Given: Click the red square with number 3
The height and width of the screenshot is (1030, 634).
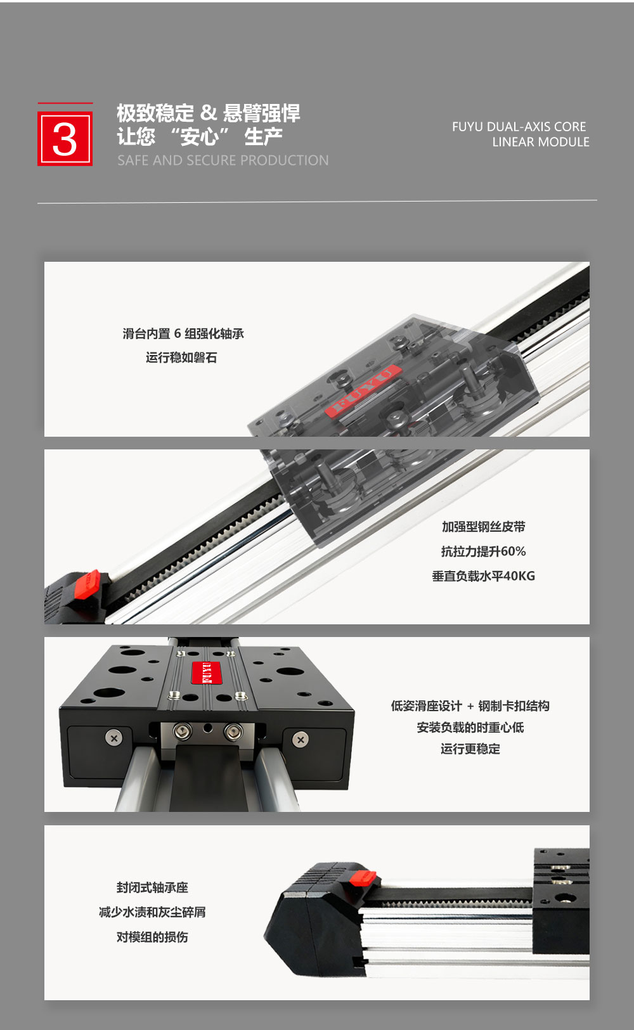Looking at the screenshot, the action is click(65, 138).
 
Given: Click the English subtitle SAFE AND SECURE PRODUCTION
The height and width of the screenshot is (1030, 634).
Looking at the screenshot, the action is click(223, 160).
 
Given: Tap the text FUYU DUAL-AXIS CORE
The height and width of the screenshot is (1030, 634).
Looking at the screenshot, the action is click(519, 127).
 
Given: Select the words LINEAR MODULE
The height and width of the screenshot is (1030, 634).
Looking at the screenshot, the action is click(541, 142).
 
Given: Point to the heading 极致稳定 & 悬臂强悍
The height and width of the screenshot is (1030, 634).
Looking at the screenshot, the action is click(209, 113).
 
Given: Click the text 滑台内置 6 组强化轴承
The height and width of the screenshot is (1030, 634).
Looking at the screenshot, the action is click(183, 334).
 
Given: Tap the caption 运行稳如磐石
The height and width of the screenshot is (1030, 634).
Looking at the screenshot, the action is click(181, 357).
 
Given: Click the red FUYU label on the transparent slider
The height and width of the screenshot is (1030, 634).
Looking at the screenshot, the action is click(363, 391).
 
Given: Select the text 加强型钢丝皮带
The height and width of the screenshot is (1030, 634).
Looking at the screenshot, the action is click(484, 527).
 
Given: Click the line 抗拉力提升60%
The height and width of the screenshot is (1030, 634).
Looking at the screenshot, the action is click(484, 551).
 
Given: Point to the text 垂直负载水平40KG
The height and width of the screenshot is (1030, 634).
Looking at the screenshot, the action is click(484, 576).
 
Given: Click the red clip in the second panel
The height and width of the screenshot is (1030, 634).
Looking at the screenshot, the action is click(87, 584).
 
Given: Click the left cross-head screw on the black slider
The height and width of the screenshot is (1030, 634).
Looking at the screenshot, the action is click(114, 738).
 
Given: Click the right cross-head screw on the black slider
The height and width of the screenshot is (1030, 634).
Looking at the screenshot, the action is click(301, 740).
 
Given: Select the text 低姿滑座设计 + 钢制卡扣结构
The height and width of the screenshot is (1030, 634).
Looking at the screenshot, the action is click(470, 706).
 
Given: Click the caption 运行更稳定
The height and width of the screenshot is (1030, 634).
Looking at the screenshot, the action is click(470, 749).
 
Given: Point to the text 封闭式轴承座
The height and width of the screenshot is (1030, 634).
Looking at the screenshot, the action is click(152, 887).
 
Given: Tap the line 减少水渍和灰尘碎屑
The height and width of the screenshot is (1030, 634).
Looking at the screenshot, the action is click(152, 912).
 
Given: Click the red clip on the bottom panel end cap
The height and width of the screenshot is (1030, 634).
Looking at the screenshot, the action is click(363, 878).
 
